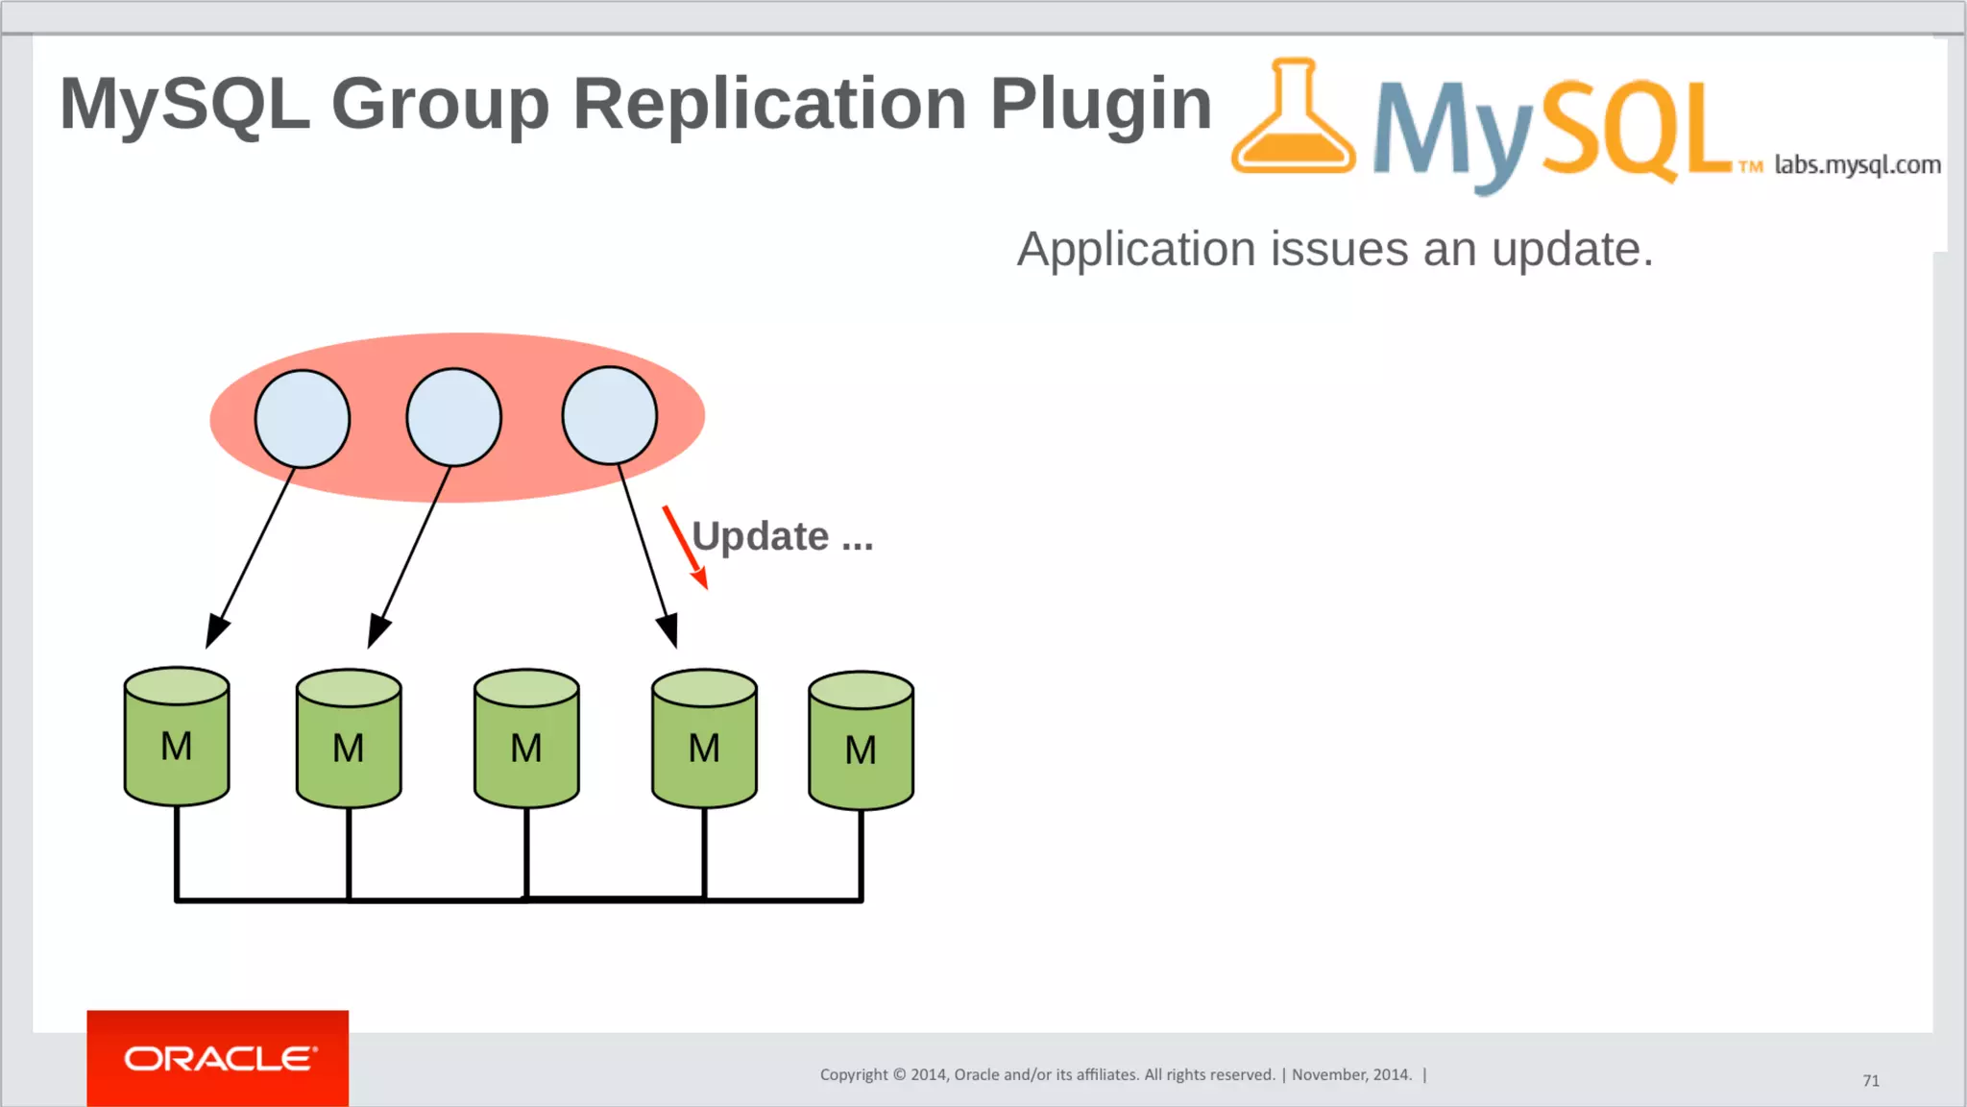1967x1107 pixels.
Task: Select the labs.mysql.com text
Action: tap(1857, 165)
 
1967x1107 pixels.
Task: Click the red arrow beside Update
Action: tap(685, 546)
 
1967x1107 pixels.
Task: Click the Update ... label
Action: tap(782, 536)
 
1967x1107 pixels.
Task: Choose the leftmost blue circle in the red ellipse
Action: tap(303, 419)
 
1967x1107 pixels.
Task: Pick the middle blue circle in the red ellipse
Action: tap(453, 417)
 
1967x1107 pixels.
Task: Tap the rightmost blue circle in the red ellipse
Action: tap(610, 415)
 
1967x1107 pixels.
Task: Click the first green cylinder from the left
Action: tap(177, 737)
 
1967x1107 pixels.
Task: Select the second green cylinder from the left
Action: tap(349, 739)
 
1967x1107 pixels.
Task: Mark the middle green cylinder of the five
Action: tap(526, 739)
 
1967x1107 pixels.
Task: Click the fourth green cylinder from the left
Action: tap(704, 739)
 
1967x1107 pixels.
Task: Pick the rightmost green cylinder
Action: tap(861, 741)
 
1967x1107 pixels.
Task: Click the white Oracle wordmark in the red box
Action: tap(220, 1059)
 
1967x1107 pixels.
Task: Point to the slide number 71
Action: tap(1871, 1081)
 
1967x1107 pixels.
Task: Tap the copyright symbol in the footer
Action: tap(899, 1075)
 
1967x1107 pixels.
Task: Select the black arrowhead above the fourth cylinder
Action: tap(668, 630)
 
